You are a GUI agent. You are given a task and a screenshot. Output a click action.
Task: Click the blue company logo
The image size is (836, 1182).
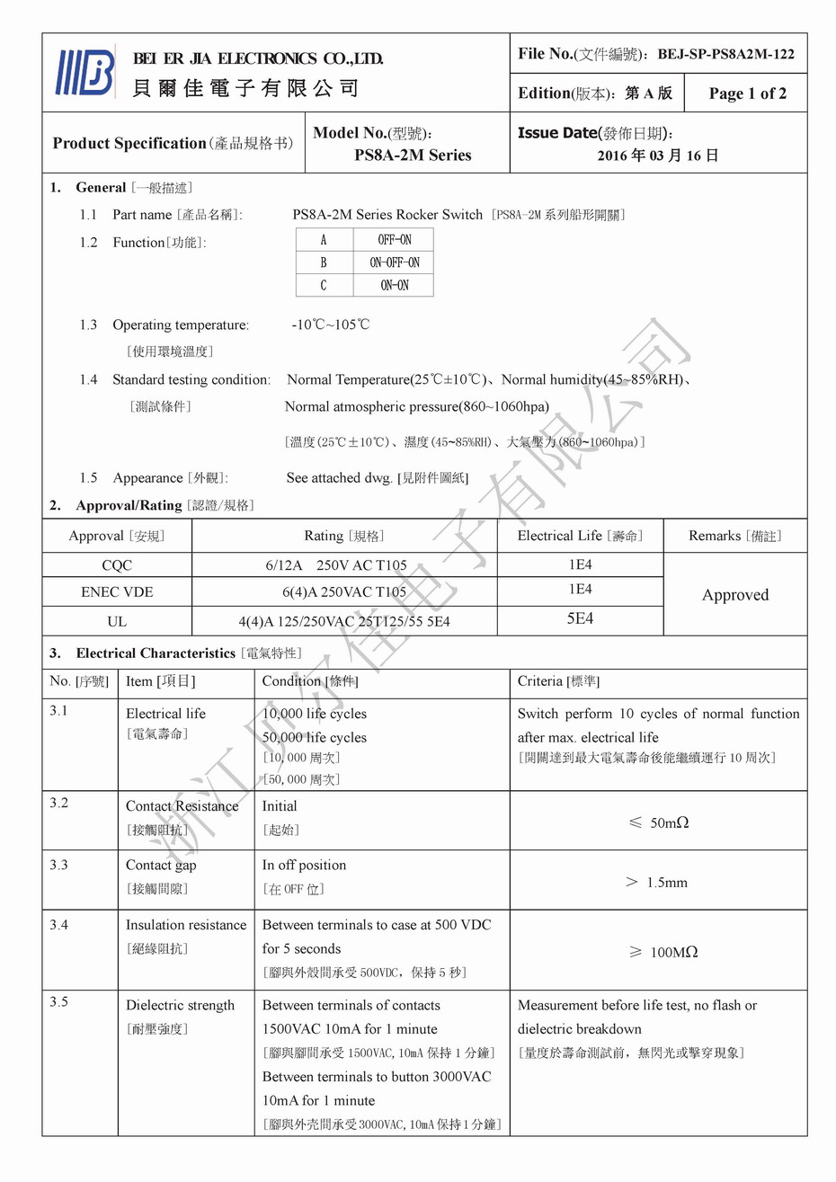tap(85, 72)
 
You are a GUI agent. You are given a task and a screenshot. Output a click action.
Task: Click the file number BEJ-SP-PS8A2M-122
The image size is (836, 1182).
tap(725, 54)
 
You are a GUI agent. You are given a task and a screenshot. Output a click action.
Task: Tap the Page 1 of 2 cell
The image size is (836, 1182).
tap(747, 93)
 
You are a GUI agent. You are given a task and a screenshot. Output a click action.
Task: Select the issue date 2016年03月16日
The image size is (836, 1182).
tap(657, 156)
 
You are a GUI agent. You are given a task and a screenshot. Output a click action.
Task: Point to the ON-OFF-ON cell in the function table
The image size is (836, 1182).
tap(394, 262)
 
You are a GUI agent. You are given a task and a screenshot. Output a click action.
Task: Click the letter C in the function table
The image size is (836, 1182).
tap(324, 285)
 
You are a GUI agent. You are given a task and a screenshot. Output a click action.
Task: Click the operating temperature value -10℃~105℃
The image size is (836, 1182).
tap(330, 324)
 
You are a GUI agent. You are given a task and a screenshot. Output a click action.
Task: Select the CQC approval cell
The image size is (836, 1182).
tap(117, 565)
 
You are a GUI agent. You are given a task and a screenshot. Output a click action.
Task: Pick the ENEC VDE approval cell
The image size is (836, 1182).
tap(117, 592)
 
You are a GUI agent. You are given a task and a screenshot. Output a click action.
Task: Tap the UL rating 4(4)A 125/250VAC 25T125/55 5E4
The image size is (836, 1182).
tap(344, 621)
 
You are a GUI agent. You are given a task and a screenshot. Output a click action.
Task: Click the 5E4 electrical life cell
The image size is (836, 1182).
tap(580, 619)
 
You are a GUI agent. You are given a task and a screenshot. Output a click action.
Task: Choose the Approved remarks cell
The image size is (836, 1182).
tap(735, 595)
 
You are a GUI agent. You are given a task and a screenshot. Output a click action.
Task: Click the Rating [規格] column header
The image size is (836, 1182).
tap(344, 536)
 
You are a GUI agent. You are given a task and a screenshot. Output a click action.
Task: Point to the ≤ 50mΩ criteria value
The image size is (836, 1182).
tap(658, 822)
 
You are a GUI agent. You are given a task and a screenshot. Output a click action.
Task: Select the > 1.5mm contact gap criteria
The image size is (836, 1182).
tap(657, 883)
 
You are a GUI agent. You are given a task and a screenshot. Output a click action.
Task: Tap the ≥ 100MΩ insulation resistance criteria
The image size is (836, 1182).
tap(662, 952)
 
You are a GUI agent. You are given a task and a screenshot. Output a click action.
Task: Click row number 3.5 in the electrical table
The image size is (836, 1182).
tap(59, 1001)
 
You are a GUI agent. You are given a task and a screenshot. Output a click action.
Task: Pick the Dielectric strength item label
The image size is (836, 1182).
tap(180, 1005)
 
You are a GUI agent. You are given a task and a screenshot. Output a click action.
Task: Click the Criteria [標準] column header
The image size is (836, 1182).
tap(558, 681)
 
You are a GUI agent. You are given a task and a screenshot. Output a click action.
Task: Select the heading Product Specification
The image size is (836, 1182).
tap(129, 144)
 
